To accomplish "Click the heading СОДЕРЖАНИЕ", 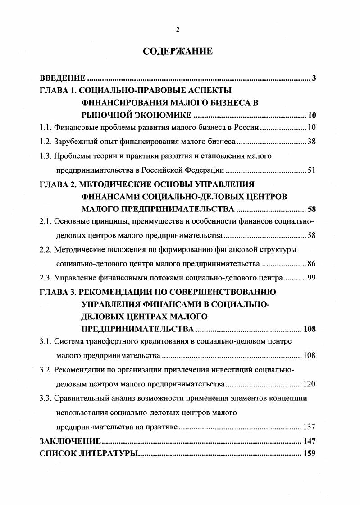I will [x=178, y=51].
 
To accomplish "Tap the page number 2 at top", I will [x=178, y=29].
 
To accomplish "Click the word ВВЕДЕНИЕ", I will [x=62, y=78].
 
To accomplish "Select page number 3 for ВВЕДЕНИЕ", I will [x=314, y=78].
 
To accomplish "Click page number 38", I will [x=311, y=142].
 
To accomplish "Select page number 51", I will [x=311, y=170].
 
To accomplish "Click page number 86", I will [x=311, y=264].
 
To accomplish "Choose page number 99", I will [x=311, y=277].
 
